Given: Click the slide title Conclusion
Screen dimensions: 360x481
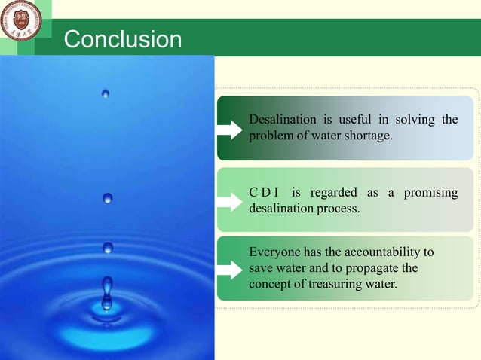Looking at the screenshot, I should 122,39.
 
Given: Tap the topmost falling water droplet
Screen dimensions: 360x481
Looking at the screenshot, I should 106,93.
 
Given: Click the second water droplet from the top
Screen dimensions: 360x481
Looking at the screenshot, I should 108,198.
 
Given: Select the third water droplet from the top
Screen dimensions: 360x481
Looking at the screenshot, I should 108,247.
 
